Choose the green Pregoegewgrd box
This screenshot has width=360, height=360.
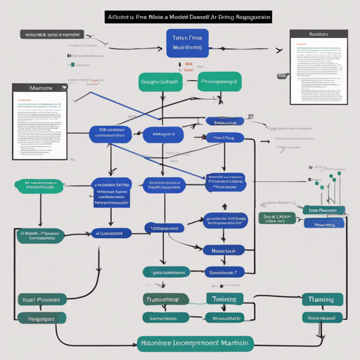click(x=221, y=82)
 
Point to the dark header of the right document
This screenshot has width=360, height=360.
click(x=319, y=34)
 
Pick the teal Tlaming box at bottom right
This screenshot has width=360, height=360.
click(x=321, y=300)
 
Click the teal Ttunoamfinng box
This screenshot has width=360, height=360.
click(x=167, y=300)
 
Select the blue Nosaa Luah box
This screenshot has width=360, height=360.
click(x=224, y=250)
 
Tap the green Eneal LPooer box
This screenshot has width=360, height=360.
click(x=277, y=218)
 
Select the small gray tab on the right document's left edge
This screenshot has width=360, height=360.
click(x=283, y=75)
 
